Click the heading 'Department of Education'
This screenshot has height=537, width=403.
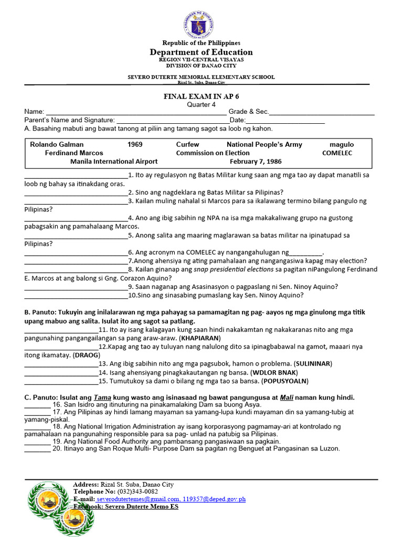coord(201,52)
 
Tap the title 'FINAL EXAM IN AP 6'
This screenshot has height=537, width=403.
coord(201,96)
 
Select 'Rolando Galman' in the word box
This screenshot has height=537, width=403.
coord(57,144)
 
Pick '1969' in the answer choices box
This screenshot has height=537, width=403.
coord(135,144)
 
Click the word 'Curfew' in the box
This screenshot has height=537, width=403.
coord(187,144)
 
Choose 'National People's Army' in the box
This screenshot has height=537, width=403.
coord(264,144)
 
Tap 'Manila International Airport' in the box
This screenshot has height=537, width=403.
coord(114,162)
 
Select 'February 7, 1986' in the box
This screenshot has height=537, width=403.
coord(256,162)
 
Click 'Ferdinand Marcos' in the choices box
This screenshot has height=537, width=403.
coord(74,153)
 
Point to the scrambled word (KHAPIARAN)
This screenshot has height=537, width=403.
coord(200,338)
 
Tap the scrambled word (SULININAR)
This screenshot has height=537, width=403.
coord(313,363)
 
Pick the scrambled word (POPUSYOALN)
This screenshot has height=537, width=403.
coord(285,381)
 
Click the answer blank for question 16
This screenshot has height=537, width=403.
coord(37,405)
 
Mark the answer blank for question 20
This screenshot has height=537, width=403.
coord(37,449)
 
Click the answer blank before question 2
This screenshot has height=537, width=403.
coord(76,192)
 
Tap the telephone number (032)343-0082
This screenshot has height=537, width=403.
coord(137,492)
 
